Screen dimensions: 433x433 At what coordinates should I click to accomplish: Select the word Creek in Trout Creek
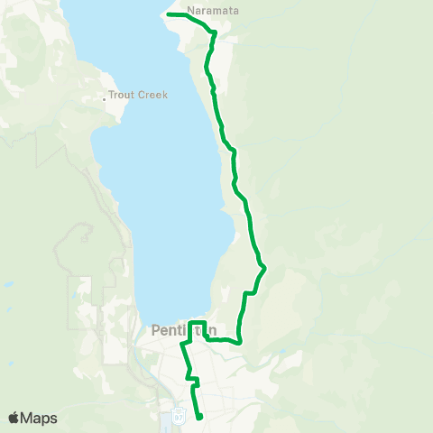pos(152,95)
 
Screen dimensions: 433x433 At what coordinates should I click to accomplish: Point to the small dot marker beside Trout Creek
pos(105,98)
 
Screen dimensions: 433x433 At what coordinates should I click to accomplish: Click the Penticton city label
pos(184,331)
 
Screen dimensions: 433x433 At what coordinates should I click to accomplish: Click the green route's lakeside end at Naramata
pos(169,14)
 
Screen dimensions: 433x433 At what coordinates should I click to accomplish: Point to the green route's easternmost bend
pos(265,268)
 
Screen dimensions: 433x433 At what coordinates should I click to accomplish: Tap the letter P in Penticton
pos(157,331)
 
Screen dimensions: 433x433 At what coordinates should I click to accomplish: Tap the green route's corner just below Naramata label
pos(214,32)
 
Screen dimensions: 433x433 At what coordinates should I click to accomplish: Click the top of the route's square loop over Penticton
pos(198,322)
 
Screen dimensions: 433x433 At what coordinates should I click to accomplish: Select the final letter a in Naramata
pos(236,11)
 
